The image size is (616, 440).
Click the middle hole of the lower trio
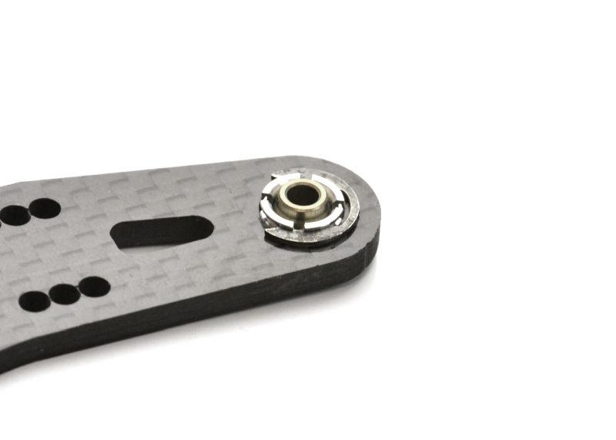point(65,294)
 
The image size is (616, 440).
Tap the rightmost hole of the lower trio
point(94,287)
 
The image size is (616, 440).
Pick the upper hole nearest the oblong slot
point(45,208)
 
